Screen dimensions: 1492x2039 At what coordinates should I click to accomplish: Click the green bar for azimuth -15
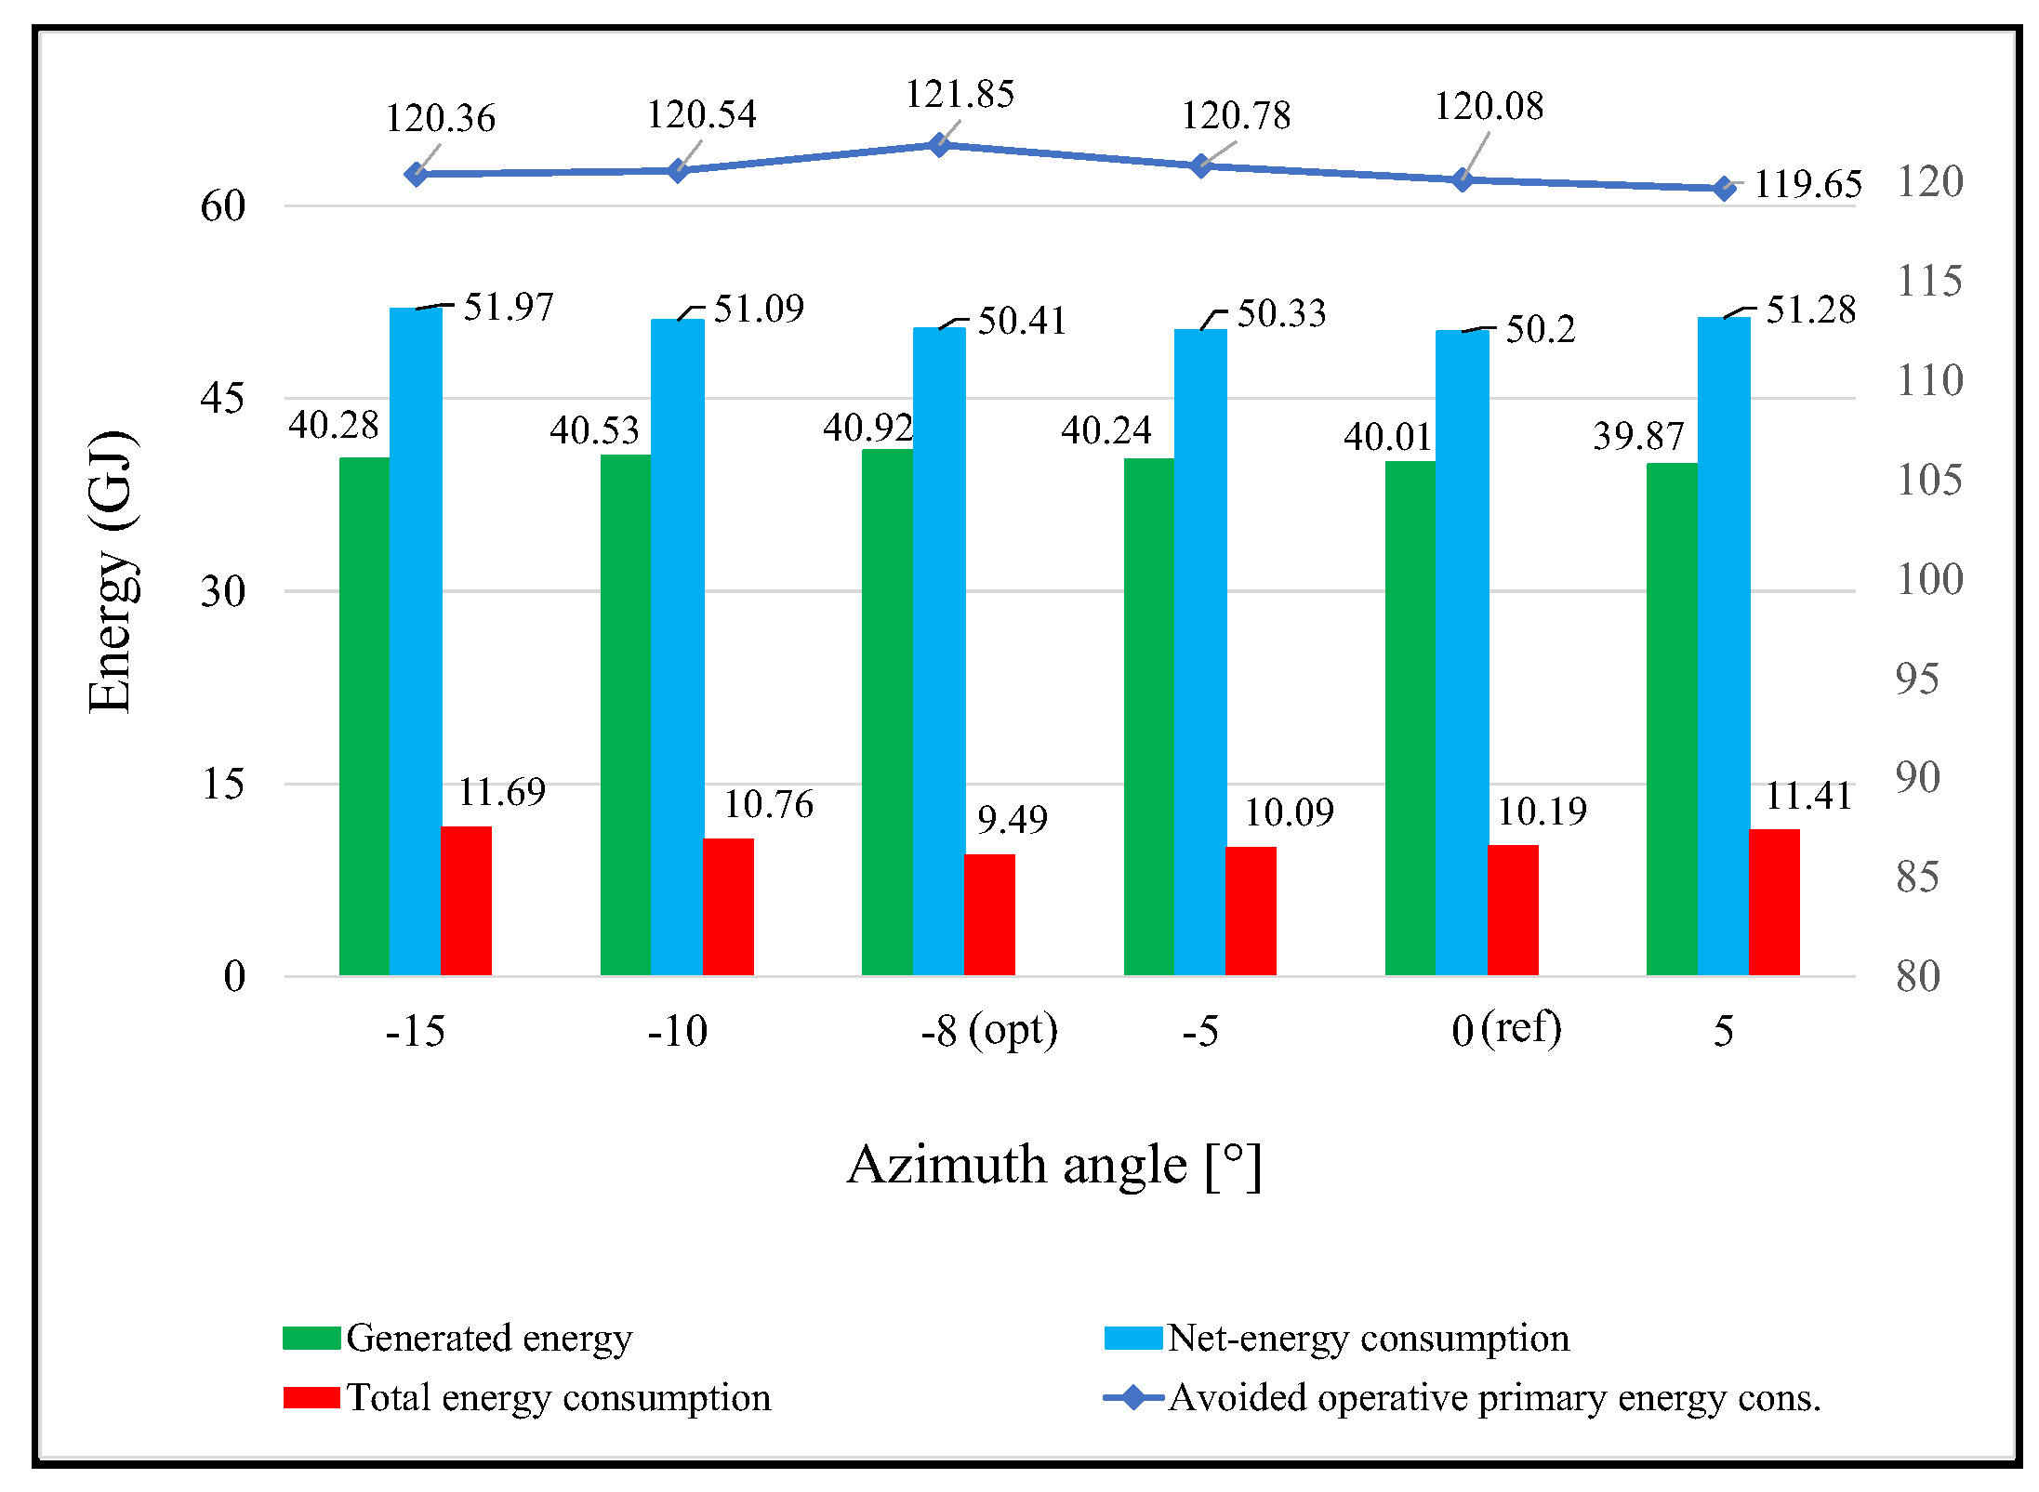point(364,716)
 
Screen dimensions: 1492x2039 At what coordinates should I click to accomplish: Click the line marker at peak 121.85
point(939,145)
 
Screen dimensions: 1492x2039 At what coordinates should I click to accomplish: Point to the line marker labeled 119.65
point(1725,189)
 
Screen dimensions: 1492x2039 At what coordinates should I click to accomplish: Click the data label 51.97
point(509,308)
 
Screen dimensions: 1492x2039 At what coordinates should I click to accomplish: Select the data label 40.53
point(594,430)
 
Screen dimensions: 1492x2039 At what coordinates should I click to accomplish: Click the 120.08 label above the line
point(1489,107)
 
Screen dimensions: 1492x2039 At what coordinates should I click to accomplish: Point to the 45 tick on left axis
point(222,399)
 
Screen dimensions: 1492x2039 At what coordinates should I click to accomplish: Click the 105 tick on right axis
point(1929,481)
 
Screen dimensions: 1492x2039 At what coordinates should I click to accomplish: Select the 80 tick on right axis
point(1918,977)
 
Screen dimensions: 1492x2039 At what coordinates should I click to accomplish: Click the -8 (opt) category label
point(989,1031)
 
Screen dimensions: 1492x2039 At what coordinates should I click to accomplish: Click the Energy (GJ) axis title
point(112,572)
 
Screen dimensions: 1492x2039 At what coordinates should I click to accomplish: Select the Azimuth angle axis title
point(1054,1165)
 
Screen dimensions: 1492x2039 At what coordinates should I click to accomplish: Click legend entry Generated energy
point(488,1339)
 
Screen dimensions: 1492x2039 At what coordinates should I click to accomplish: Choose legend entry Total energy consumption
point(558,1398)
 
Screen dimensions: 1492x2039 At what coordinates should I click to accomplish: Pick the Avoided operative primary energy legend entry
point(1493,1398)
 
